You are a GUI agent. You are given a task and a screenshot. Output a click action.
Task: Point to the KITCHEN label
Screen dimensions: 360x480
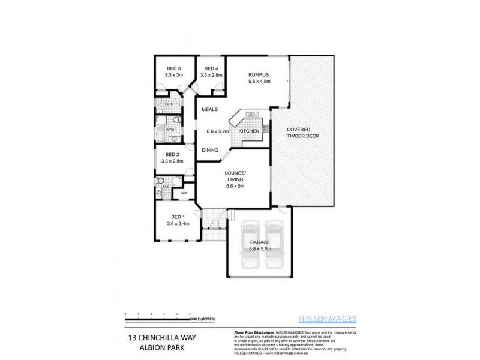pyautogui.click(x=249, y=131)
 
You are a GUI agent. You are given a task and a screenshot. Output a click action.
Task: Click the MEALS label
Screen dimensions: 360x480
pyautogui.click(x=209, y=110)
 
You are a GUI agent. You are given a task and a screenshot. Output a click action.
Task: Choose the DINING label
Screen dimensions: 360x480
pyautogui.click(x=209, y=150)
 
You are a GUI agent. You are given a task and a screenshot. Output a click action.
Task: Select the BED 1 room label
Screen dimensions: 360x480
pyautogui.click(x=178, y=217)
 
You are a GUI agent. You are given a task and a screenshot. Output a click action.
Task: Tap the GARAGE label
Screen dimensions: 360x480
pyautogui.click(x=260, y=242)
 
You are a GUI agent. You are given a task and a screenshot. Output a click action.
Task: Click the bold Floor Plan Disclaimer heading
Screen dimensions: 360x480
pyautogui.click(x=253, y=332)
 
